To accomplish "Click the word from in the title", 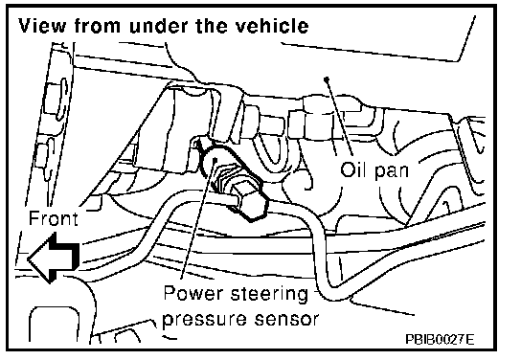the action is (x=97, y=26).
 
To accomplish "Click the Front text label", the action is (x=54, y=218).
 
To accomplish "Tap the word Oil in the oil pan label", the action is (x=353, y=169).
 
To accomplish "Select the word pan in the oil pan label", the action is (x=392, y=171).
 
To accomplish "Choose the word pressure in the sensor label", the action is (x=205, y=320).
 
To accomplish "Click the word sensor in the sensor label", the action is (x=286, y=319).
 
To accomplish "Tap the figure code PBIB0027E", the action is (x=440, y=339).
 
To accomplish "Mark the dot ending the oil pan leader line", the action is (x=327, y=79).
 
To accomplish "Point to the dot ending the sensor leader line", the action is (x=215, y=160).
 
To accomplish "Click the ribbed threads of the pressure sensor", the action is (x=225, y=180).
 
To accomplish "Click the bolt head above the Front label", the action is (x=55, y=99).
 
